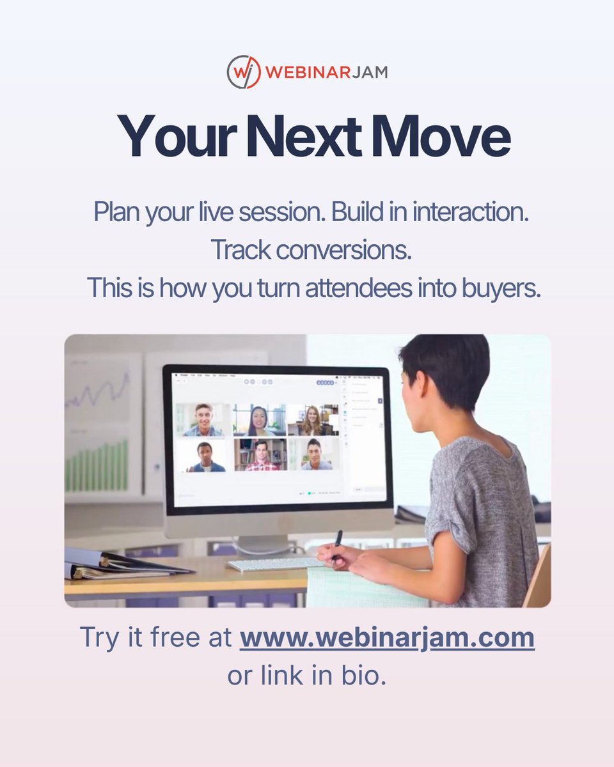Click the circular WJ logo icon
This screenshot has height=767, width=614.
pyautogui.click(x=244, y=72)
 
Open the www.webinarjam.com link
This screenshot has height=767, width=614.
pyautogui.click(x=387, y=637)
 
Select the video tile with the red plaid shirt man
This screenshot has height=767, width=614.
pyautogui.click(x=260, y=454)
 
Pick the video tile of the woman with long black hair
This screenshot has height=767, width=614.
pyautogui.click(x=259, y=420)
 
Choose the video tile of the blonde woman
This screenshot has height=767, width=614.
pyautogui.click(x=313, y=420)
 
